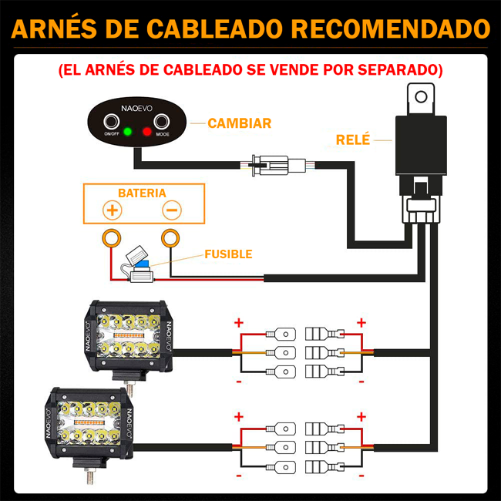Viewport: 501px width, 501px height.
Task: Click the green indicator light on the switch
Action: (x=127, y=131)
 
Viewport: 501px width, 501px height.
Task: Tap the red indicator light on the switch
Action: (x=146, y=131)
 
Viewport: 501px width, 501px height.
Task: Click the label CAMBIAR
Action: (x=239, y=123)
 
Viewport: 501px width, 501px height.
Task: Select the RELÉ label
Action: (x=353, y=139)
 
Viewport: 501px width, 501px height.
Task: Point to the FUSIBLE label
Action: (x=228, y=254)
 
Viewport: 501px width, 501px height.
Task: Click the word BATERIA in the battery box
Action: (x=142, y=193)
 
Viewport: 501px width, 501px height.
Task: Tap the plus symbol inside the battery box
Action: (x=113, y=210)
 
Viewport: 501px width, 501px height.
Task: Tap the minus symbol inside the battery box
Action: (x=172, y=210)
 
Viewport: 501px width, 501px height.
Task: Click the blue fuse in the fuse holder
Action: (x=142, y=264)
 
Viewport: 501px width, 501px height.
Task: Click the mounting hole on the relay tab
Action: (x=421, y=96)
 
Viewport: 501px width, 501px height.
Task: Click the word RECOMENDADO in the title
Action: (x=390, y=29)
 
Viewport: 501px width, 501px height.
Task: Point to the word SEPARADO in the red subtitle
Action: (x=398, y=69)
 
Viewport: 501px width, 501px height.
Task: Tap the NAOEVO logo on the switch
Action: (x=136, y=109)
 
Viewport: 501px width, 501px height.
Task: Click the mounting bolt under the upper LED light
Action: (x=129, y=388)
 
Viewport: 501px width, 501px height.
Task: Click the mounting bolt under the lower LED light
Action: (x=89, y=476)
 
